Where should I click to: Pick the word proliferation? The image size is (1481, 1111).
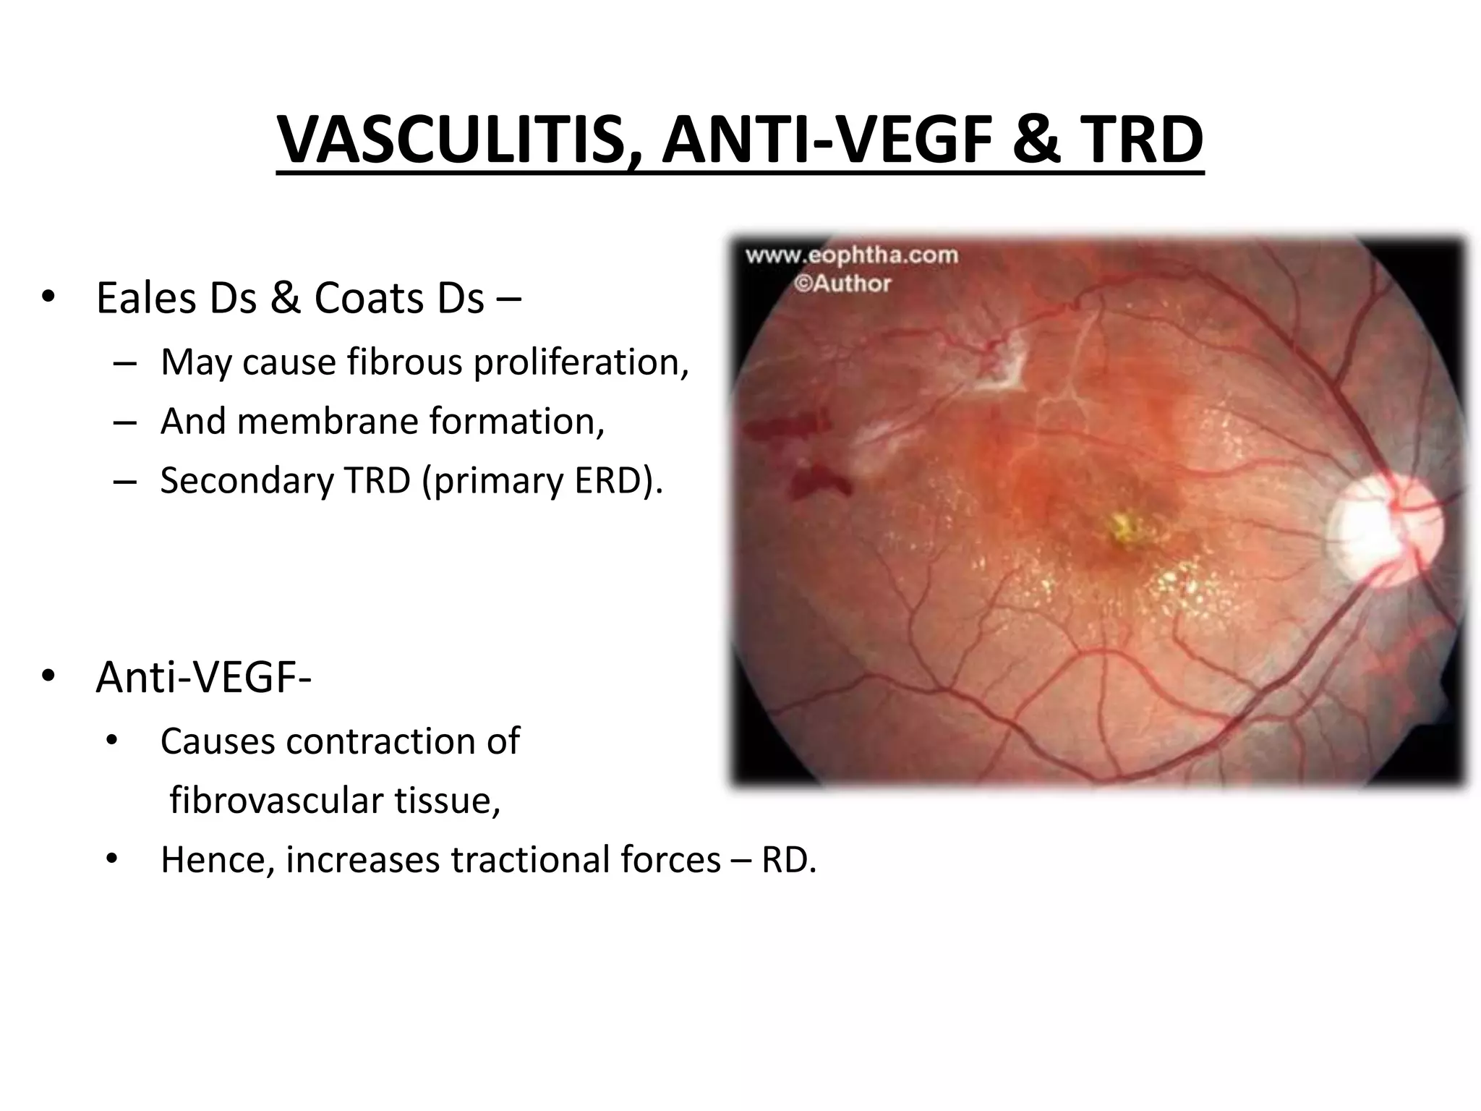(x=581, y=362)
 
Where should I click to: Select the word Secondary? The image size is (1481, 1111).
(x=247, y=480)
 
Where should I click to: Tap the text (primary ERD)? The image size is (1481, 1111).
(x=542, y=480)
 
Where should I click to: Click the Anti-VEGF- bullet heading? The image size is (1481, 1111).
(x=203, y=678)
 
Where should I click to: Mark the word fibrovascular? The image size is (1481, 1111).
(x=276, y=801)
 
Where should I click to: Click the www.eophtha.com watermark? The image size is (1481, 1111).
(x=852, y=255)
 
